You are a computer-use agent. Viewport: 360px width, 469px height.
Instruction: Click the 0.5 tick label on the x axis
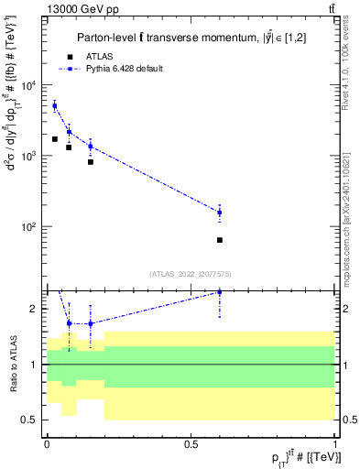click(x=191, y=444)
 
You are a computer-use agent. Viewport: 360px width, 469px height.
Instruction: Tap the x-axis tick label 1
click(x=335, y=444)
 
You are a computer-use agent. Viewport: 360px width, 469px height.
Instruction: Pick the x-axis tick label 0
click(x=47, y=444)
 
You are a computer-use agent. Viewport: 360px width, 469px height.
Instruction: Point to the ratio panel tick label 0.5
click(x=30, y=420)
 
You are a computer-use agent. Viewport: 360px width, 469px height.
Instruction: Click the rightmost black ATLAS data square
click(x=220, y=240)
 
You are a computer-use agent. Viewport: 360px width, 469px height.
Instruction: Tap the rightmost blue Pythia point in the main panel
click(x=220, y=213)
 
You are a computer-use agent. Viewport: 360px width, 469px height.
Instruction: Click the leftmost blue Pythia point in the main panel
click(x=55, y=106)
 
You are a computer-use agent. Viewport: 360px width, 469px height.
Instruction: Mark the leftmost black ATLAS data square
click(x=55, y=139)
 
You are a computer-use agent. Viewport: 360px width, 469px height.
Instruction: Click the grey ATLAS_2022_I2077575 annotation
click(x=191, y=273)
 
